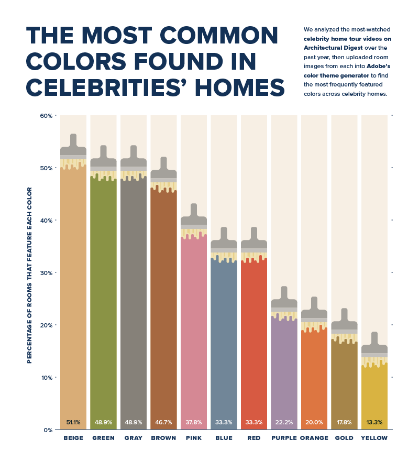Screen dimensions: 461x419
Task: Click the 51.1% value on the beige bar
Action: click(x=73, y=422)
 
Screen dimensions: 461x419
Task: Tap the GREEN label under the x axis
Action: click(x=103, y=438)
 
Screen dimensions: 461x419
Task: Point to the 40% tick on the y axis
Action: click(x=46, y=221)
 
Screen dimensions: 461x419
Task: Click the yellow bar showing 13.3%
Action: click(x=374, y=393)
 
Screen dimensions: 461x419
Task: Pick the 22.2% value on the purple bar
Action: click(x=284, y=422)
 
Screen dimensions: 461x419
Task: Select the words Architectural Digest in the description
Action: click(x=330, y=47)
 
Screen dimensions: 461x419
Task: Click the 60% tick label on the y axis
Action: click(x=46, y=116)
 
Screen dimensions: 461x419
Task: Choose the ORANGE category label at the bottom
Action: click(x=314, y=438)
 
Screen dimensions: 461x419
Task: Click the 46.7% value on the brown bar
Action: click(x=163, y=422)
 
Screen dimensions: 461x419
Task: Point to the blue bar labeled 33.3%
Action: click(x=224, y=341)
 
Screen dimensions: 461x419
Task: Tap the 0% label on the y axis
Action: click(x=48, y=430)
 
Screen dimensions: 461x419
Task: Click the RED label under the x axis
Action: click(x=254, y=438)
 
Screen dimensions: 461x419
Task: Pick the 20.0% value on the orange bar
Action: click(x=314, y=422)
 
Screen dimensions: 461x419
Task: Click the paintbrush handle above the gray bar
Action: click(x=134, y=152)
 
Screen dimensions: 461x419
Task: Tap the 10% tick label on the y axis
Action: click(x=46, y=378)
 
